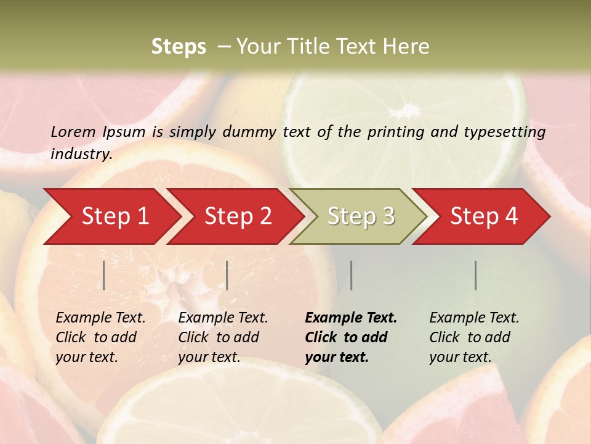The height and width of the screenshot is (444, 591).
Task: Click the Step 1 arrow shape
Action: (x=111, y=216)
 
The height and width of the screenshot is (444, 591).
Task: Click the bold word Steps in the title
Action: (x=179, y=47)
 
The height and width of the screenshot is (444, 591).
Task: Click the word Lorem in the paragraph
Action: (x=73, y=131)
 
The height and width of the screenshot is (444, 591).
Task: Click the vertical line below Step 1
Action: (x=104, y=275)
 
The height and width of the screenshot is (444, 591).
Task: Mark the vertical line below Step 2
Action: (x=227, y=275)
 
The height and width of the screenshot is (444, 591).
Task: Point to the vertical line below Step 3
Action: (x=352, y=275)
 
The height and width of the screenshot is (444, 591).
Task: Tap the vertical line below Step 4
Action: (x=476, y=275)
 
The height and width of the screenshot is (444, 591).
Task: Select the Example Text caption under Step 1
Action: (x=100, y=318)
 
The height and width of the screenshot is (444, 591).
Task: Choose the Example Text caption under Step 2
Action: (x=223, y=318)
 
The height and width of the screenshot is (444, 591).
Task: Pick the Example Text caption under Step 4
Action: (x=474, y=318)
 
